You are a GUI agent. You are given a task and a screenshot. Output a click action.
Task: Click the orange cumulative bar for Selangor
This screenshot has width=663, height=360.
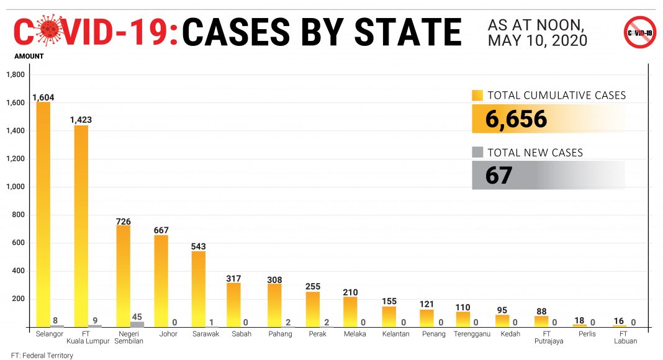[43, 214]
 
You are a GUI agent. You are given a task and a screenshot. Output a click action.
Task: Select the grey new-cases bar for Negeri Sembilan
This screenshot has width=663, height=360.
[137, 324]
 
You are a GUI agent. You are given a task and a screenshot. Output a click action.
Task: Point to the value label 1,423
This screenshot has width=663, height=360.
[81, 119]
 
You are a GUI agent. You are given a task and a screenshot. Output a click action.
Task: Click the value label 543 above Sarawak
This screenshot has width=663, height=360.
[199, 246]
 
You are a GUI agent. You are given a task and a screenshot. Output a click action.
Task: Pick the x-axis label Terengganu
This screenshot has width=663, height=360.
[472, 334]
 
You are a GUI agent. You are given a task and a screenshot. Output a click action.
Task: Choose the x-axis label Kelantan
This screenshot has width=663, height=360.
[395, 334]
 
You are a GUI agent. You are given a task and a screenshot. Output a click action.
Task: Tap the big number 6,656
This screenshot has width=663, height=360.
[516, 119]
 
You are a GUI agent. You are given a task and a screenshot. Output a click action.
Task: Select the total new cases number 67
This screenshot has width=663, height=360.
[498, 175]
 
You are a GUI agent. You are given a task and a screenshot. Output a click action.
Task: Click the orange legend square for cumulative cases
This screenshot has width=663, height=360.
[477, 96]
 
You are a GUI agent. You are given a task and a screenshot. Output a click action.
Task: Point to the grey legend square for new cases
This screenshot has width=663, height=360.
[477, 152]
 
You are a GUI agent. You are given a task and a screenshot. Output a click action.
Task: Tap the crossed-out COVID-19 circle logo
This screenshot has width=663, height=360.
[639, 32]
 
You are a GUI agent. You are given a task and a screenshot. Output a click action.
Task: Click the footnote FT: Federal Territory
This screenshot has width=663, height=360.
[42, 356]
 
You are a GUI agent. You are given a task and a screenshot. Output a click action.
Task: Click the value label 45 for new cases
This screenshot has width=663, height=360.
[137, 315]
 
